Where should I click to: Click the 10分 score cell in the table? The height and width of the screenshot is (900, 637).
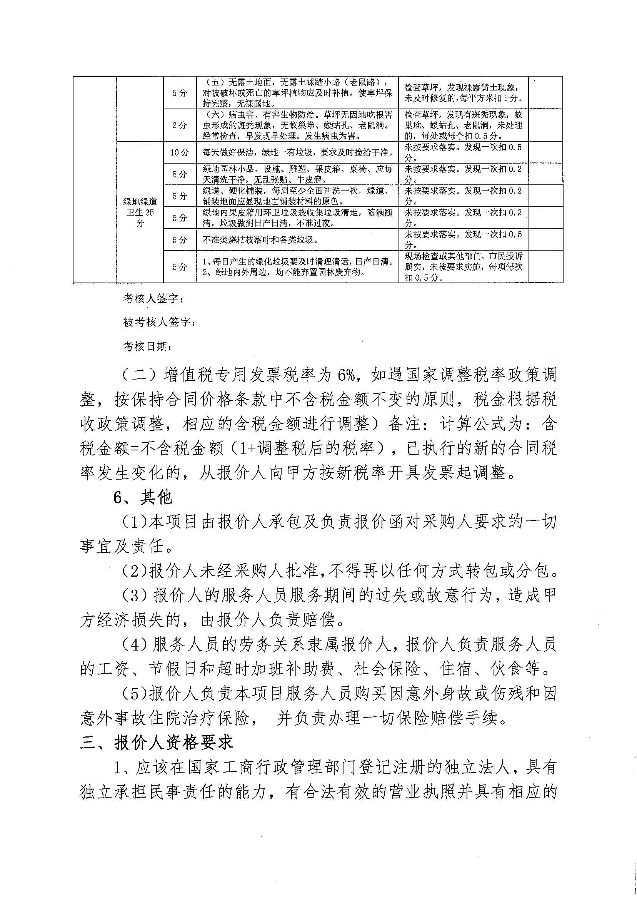click(x=180, y=153)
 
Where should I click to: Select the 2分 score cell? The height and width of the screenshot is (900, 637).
click(x=180, y=125)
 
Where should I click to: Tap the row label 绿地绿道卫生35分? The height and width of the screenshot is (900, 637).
click(x=140, y=212)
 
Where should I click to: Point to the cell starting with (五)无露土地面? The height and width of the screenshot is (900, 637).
click(x=297, y=93)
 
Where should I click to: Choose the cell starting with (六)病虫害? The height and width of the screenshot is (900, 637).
click(x=297, y=125)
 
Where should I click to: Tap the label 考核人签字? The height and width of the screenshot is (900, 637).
click(x=152, y=299)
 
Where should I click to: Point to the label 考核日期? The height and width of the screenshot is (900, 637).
click(x=147, y=346)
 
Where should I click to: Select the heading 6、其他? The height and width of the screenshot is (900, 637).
click(x=143, y=498)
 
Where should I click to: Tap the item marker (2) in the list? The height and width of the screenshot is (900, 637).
click(x=134, y=572)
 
